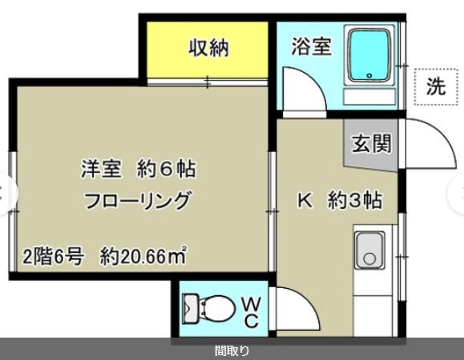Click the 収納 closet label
(x=209, y=48)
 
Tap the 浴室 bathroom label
(x=311, y=46)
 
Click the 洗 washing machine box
(x=436, y=87)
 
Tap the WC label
(x=251, y=312)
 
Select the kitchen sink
(x=369, y=251)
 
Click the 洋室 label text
(x=100, y=170)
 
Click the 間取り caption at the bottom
(x=232, y=350)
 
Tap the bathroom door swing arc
(x=301, y=88)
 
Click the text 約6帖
(x=167, y=170)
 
